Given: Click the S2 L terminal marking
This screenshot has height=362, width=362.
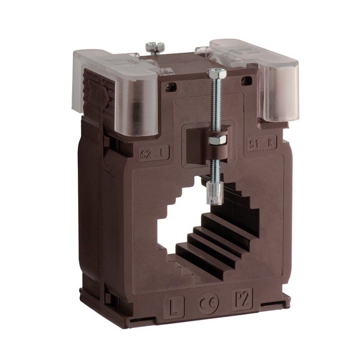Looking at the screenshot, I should tap(154, 155).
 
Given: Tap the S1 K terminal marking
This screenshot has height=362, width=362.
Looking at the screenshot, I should tap(263, 144).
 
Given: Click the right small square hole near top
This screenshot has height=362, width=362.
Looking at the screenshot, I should tap(248, 80).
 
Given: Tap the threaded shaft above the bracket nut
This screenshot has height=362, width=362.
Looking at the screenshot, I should tap(214, 104).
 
